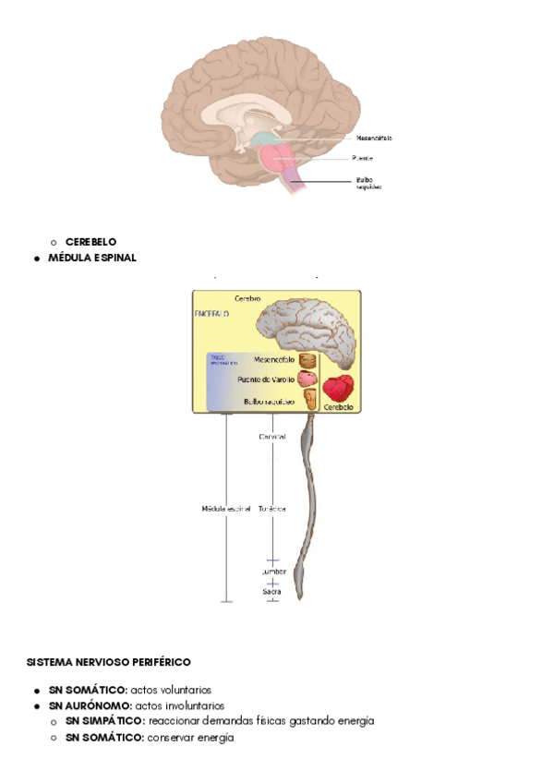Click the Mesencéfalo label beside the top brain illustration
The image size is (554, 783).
(374, 139)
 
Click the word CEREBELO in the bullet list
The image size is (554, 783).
(90, 242)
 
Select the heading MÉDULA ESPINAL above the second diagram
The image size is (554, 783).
(92, 258)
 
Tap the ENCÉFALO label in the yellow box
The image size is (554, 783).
(212, 314)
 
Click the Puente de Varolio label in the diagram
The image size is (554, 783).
(265, 379)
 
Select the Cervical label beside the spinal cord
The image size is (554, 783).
(272, 436)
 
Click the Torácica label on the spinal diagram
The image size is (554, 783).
(272, 509)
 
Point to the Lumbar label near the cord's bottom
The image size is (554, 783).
(272, 572)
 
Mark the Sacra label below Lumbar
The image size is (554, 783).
(271, 591)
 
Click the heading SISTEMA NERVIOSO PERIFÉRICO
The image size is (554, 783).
(109, 662)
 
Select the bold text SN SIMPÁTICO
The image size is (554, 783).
(104, 720)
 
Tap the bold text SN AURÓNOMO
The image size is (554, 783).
(90, 705)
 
